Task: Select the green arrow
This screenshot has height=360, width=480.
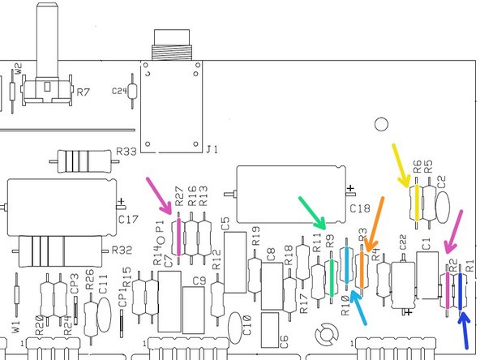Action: (x=313, y=212)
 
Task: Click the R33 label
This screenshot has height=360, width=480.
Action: (x=126, y=151)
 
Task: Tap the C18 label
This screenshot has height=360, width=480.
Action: (x=361, y=208)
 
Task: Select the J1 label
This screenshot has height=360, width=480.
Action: (x=212, y=149)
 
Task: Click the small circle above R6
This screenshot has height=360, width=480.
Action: (x=379, y=125)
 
